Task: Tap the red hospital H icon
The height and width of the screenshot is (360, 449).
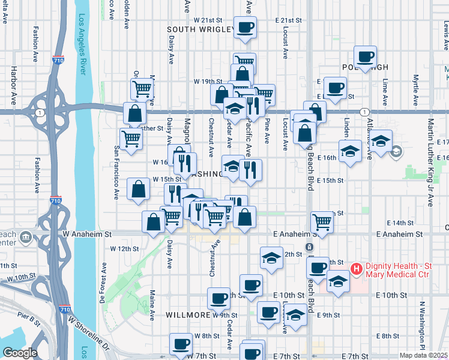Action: pos(355,268)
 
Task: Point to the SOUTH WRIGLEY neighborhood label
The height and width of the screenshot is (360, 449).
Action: pos(200,29)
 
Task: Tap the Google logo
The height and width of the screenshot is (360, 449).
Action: pos(20,353)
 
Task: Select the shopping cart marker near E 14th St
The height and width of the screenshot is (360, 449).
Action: pos(322,221)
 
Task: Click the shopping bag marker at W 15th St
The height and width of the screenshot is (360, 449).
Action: pos(139,188)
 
